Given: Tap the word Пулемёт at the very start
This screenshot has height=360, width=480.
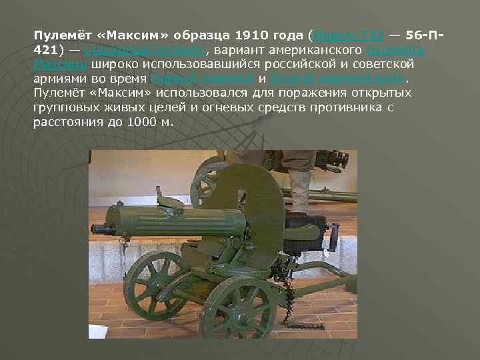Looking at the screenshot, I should tap(56, 34).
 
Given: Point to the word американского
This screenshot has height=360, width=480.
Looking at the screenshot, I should tap(305, 49).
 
